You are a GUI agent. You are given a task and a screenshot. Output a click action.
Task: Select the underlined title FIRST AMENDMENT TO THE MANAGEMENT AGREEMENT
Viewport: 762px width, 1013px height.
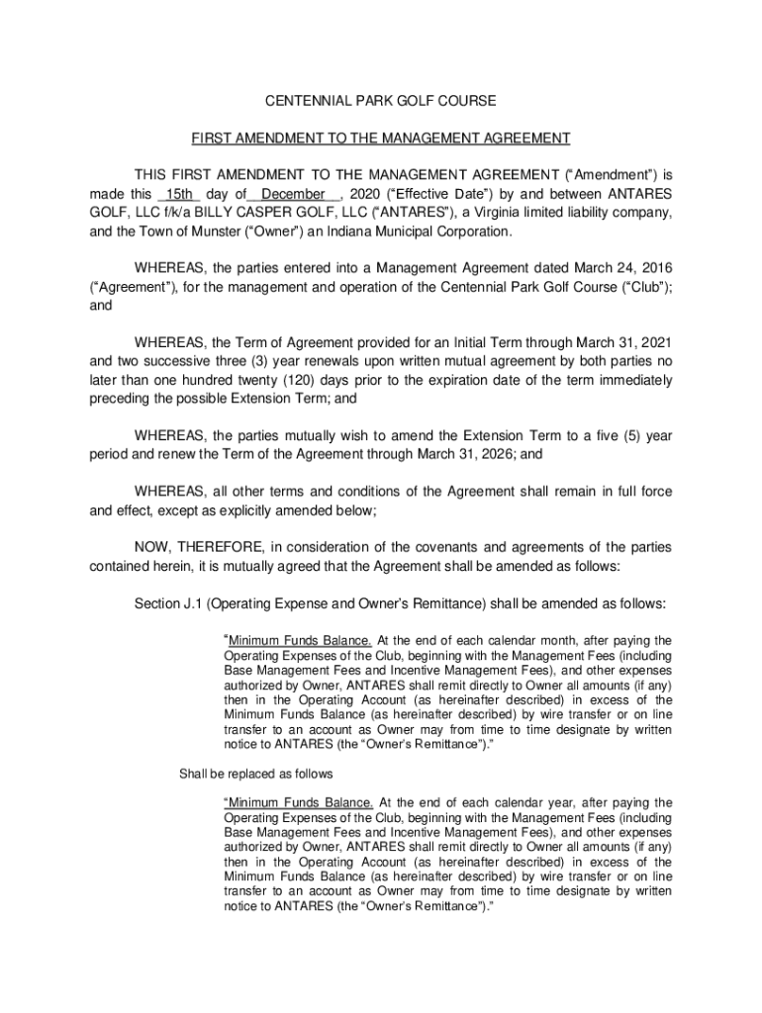[381, 138]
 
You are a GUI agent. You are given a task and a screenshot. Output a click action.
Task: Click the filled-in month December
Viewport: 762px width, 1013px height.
[293, 194]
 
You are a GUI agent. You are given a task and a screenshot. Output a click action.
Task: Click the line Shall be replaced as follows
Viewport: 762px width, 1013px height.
[255, 774]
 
